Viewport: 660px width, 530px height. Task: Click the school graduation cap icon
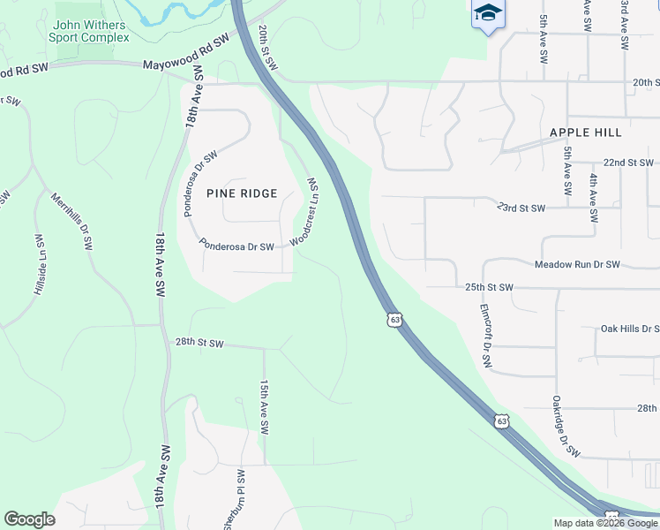[488, 14]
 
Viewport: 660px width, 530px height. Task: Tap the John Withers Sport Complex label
[91, 32]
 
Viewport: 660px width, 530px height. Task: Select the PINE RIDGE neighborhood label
[242, 193]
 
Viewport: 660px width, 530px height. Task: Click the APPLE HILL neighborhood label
[585, 132]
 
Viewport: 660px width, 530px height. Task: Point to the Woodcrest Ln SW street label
[305, 211]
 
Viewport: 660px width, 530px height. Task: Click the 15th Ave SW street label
[264, 407]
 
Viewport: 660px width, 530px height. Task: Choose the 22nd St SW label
[628, 163]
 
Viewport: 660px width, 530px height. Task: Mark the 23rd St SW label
[521, 208]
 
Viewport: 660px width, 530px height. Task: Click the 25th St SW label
[489, 288]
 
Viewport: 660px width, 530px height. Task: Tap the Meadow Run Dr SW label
[577, 265]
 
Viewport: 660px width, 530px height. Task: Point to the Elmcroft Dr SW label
[484, 336]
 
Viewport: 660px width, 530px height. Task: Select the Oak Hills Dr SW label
[629, 329]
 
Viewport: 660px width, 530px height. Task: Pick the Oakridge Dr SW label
[566, 426]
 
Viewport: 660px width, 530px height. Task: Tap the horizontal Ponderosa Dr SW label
[236, 246]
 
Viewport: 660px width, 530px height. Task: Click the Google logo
[29, 519]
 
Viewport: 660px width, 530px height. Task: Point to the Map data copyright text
[605, 523]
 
